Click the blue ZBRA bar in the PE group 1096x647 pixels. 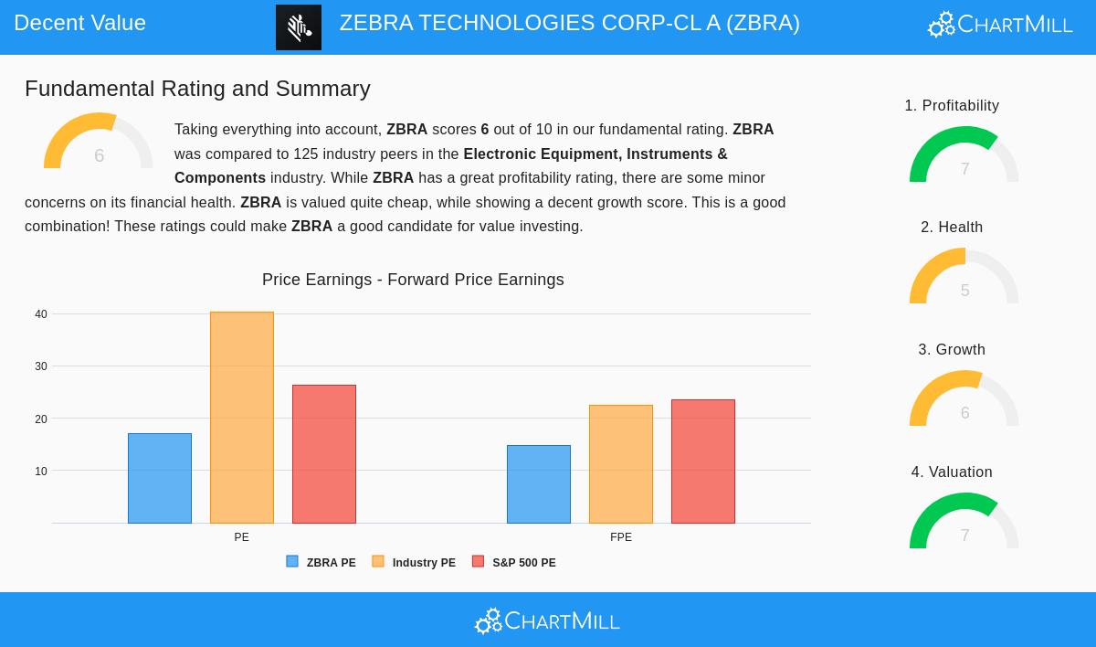click(160, 478)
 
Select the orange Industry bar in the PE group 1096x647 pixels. click(242, 418)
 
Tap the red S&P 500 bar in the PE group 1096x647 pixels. click(324, 454)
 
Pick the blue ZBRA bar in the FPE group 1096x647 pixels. click(539, 484)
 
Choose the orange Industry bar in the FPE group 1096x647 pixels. click(621, 464)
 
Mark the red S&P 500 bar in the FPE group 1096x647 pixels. click(703, 461)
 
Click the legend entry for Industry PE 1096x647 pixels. click(415, 563)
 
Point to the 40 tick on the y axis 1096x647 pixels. click(41, 314)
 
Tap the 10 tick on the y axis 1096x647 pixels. click(41, 472)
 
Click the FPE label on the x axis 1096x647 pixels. click(621, 537)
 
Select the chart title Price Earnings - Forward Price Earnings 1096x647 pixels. click(413, 280)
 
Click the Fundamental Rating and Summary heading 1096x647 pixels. click(197, 89)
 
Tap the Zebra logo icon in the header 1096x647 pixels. click(299, 27)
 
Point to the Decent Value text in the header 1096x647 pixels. click(80, 23)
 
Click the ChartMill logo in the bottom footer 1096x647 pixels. click(547, 621)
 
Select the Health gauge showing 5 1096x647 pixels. click(964, 278)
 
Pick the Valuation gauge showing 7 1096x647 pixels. click(964, 523)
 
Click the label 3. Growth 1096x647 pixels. click(952, 350)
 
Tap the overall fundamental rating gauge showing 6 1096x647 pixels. click(99, 143)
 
